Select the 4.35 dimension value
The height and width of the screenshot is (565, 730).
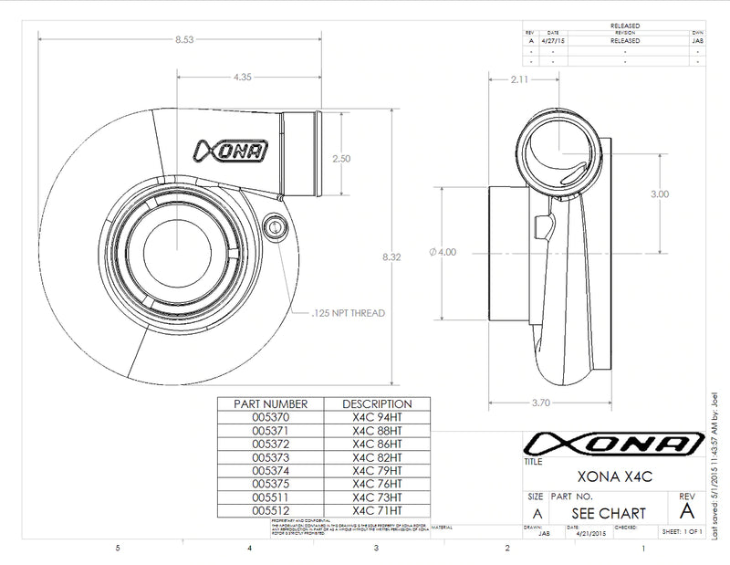(242, 78)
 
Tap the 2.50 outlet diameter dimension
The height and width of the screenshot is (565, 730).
(341, 158)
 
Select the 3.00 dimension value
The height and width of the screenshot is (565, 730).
(660, 194)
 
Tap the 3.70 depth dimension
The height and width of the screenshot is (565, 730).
(539, 402)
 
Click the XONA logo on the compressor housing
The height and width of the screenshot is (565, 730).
(229, 150)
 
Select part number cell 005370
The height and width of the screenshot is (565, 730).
(270, 416)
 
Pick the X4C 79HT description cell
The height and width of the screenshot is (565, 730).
(376, 470)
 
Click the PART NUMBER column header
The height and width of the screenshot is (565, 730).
(271, 403)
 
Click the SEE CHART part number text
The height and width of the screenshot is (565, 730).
(609, 513)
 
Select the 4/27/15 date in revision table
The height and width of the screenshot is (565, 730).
(553, 40)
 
